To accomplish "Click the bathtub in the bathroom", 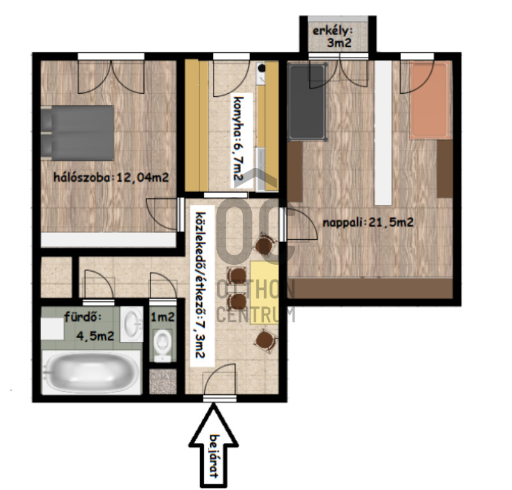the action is pyautogui.click(x=92, y=372).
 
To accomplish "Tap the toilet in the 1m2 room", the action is pyautogui.click(x=163, y=345).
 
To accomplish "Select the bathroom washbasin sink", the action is pyautogui.click(x=131, y=324).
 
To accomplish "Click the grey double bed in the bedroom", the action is pyautogui.click(x=77, y=133).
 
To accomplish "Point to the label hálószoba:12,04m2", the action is pyautogui.click(x=111, y=177).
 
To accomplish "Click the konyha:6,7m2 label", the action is pyautogui.click(x=241, y=138).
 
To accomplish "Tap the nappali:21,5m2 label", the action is pyautogui.click(x=369, y=223).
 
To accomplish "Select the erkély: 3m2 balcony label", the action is pyautogui.click(x=333, y=36).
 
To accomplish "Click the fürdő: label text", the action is pyautogui.click(x=83, y=316).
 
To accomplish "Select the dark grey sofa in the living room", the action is pyautogui.click(x=307, y=102).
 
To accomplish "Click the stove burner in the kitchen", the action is pyautogui.click(x=261, y=68).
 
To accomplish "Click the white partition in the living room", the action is pyautogui.click(x=383, y=133).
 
